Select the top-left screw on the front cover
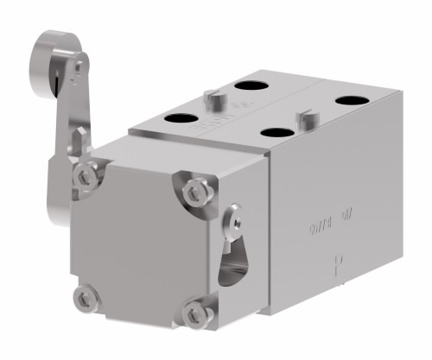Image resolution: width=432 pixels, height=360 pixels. coord(85,175)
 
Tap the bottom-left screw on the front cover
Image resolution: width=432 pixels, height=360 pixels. coord(83,300)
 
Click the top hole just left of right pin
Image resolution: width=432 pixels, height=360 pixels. coord(279,133)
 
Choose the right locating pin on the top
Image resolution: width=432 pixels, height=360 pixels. coord(304,116)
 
